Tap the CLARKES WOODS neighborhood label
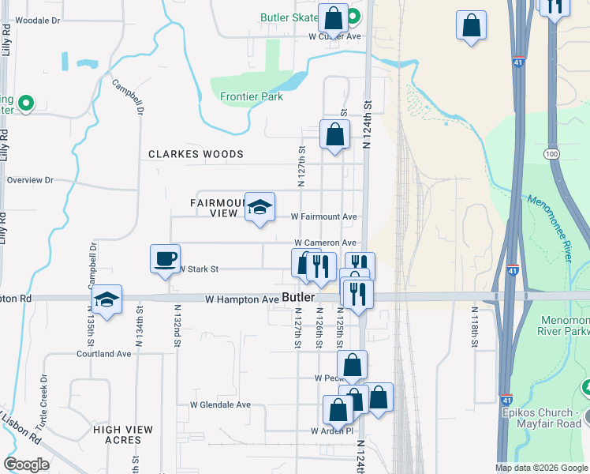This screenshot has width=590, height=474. (x=196, y=154)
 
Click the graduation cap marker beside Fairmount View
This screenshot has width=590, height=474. (x=260, y=208)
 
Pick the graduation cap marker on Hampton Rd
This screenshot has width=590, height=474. (x=107, y=299)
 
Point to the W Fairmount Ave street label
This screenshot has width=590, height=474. (x=324, y=216)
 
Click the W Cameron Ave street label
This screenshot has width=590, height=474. (x=326, y=243)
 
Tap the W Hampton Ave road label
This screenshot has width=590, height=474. (x=242, y=299)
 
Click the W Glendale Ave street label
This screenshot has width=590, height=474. (x=220, y=404)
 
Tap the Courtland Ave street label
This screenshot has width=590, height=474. (x=103, y=354)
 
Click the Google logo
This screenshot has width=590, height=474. (x=27, y=464)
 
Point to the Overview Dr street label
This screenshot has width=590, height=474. (x=30, y=180)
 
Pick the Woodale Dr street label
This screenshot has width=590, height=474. (x=37, y=21)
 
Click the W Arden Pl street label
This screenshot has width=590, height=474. (x=330, y=431)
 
